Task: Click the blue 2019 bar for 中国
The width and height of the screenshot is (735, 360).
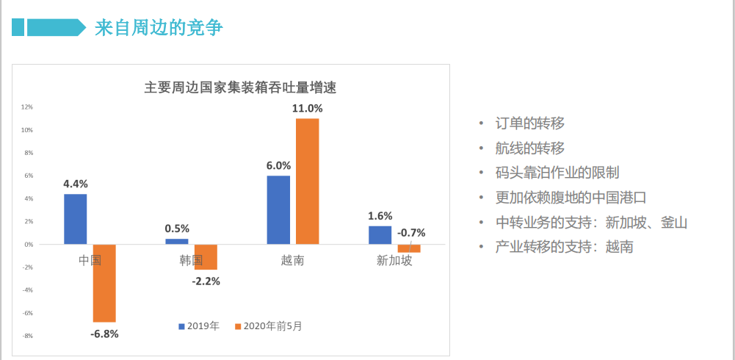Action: tap(75, 219)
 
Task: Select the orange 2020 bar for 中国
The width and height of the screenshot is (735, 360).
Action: tap(104, 283)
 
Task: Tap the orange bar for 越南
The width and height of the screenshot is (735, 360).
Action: tap(307, 181)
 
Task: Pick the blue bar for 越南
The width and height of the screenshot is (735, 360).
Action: tap(278, 209)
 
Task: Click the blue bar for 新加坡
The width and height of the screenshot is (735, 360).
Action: tap(380, 234)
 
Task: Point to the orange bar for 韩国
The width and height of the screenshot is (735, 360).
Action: tap(206, 256)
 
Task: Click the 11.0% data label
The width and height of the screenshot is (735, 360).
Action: tap(307, 108)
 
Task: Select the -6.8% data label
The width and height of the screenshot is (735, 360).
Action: tap(104, 334)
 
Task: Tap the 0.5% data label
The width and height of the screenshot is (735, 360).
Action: tap(177, 228)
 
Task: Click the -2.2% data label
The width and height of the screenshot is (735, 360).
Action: tap(206, 281)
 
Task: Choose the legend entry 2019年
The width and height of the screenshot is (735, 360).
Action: tap(198, 325)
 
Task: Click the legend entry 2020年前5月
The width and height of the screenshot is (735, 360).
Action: tap(268, 325)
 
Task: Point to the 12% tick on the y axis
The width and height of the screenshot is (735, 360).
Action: tap(27, 107)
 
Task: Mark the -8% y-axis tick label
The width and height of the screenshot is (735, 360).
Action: tap(27, 336)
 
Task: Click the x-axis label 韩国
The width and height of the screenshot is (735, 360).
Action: tap(192, 259)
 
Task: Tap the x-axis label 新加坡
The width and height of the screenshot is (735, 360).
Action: tap(394, 259)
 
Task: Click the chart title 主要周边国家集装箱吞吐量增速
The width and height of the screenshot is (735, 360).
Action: tap(239, 87)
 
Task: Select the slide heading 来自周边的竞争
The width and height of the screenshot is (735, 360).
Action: tap(159, 29)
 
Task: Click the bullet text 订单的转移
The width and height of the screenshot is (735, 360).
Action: tap(530, 123)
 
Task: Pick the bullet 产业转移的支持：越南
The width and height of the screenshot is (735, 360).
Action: tap(564, 247)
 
